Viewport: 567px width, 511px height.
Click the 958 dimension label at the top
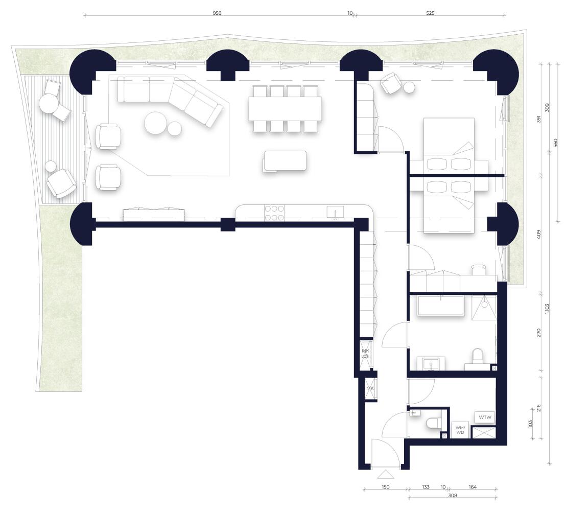(x=217, y=13)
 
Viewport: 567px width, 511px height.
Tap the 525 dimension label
(x=430, y=13)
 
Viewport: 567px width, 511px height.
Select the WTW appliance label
(x=485, y=417)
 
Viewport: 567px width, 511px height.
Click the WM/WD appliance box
(x=460, y=430)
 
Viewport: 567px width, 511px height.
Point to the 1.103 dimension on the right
(x=547, y=309)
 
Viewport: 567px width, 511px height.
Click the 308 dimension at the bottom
(x=453, y=496)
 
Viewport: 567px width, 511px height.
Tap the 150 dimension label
(x=386, y=487)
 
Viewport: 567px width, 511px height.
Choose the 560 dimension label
(x=556, y=143)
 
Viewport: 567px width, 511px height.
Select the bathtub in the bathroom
(x=441, y=306)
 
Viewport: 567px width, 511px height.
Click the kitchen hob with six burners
(x=274, y=213)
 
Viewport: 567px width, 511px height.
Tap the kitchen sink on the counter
(x=335, y=212)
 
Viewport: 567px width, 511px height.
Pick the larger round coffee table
(x=156, y=123)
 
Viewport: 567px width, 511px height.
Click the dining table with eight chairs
(x=286, y=108)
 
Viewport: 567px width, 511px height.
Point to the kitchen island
(x=286, y=160)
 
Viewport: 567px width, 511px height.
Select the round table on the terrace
(x=49, y=104)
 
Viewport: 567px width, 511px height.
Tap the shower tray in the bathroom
(x=484, y=308)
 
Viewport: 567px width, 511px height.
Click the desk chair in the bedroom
(x=479, y=269)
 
